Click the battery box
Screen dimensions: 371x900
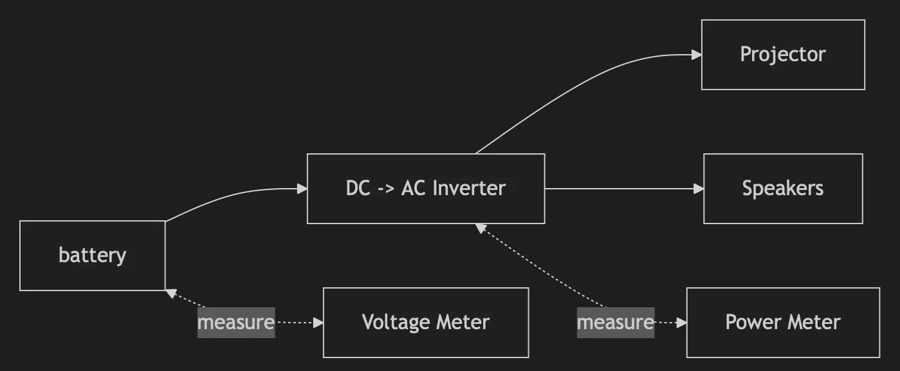[x=92, y=256]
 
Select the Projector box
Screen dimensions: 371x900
[x=782, y=54]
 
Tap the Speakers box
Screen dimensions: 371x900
[x=782, y=188]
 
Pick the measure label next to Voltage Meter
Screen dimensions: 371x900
[x=236, y=322]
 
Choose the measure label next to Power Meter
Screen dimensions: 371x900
[x=616, y=322]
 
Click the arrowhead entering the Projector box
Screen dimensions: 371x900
[x=696, y=55]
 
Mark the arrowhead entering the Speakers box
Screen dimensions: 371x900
[x=699, y=189]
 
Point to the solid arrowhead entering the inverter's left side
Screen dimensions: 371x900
[x=302, y=189]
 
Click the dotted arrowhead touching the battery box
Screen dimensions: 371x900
[x=170, y=294]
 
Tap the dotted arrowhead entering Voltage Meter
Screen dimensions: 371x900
[x=318, y=323]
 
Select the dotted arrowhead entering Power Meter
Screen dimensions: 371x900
[x=681, y=323]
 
